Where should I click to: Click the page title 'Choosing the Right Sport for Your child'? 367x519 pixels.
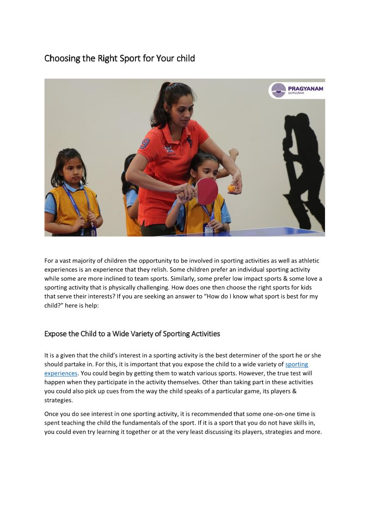(x=120, y=58)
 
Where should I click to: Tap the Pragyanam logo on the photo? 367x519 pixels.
(x=297, y=90)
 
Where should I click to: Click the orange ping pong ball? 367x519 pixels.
(x=232, y=188)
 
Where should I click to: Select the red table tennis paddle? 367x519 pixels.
(x=207, y=190)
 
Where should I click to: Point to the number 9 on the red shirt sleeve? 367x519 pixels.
(x=144, y=144)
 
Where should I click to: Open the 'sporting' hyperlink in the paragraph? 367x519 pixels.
(x=297, y=365)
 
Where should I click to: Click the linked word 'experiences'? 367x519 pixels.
(x=61, y=373)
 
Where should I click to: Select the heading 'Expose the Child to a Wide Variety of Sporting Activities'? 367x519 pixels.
(x=132, y=334)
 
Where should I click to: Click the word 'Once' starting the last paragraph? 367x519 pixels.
(x=52, y=415)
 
